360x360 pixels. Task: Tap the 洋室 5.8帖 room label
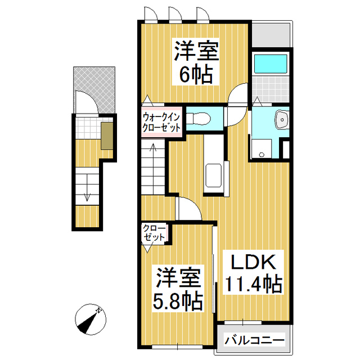click(178, 288)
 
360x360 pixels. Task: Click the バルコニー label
click(255, 340)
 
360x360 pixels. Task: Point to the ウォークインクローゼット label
click(161, 121)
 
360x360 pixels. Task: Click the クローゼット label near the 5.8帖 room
click(154, 233)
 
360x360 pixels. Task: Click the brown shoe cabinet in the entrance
click(106, 136)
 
